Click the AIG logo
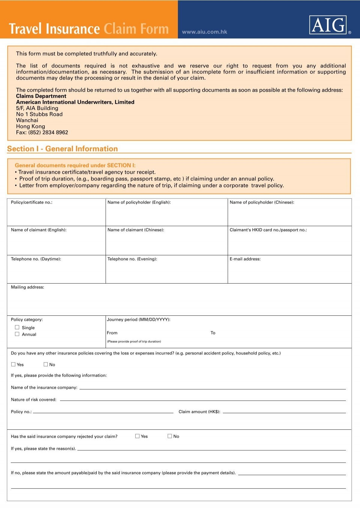coord(328,25)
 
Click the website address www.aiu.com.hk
coord(204,32)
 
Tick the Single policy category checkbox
coord(17,327)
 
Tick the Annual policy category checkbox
coord(17,334)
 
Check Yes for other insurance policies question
coord(13,364)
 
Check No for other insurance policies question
coord(46,364)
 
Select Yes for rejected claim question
coord(137,436)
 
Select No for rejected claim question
coord(170,436)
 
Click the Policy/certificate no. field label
coord(31,202)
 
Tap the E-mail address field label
coord(245,259)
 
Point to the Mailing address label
coord(27,287)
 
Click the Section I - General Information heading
coord(62,149)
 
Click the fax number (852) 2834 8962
coord(48,133)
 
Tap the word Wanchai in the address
coord(27,120)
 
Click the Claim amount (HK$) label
coord(199,412)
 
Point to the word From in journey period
coord(112,333)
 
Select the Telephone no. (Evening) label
coord(132,259)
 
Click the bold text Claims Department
coord(41,96)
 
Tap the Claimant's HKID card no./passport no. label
coord(268,230)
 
